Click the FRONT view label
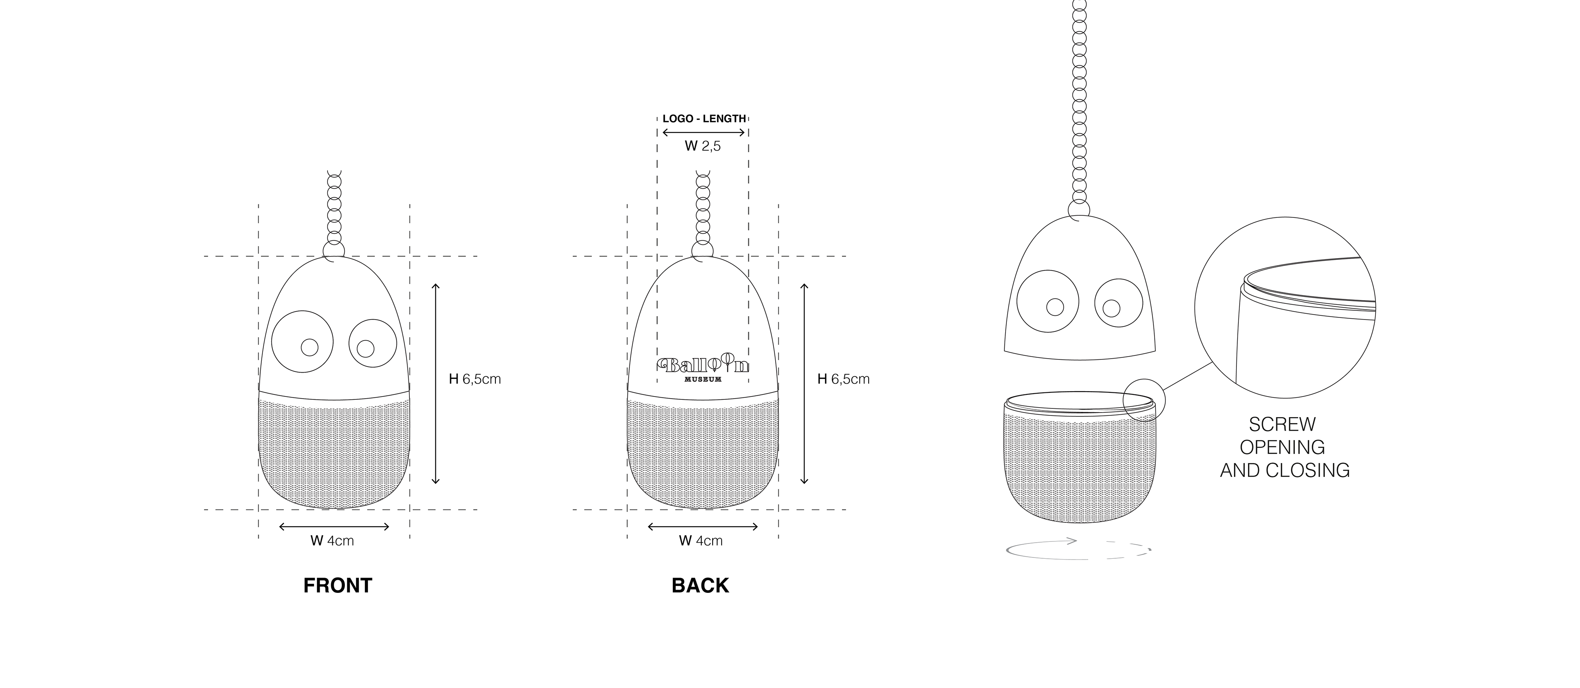tap(337, 585)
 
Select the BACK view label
tap(700, 585)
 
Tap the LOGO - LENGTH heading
tap(704, 119)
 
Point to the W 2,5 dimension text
tap(703, 146)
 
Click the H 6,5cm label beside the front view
tap(475, 379)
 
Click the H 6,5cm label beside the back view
tap(843, 379)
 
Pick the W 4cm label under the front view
tap(332, 541)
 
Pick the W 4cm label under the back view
tap(700, 541)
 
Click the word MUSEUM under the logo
tap(703, 379)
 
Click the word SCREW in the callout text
tap(1282, 424)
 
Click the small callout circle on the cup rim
tap(1143, 399)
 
